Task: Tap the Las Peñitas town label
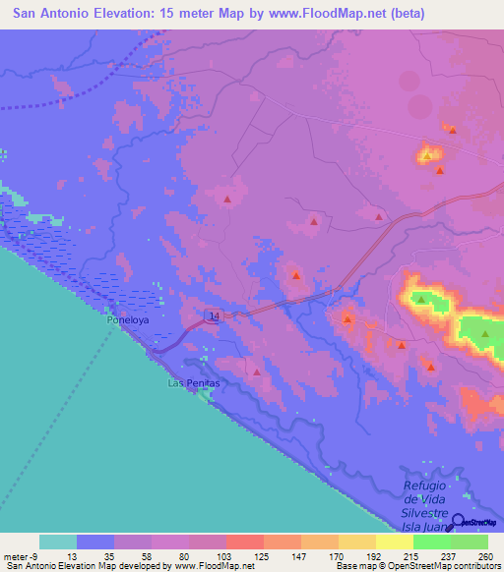[191, 381]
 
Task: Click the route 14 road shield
[214, 315]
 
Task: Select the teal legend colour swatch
[57, 542]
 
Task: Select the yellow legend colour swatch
[395, 542]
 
